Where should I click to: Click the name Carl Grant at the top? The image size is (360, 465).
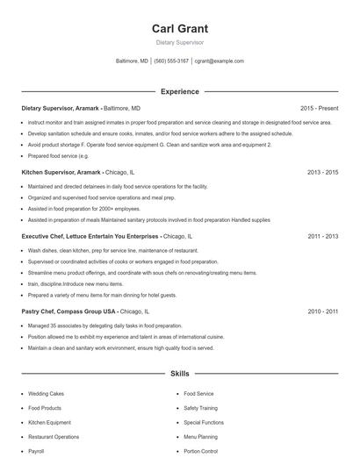tap(179, 29)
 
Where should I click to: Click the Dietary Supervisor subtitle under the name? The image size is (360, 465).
tap(179, 42)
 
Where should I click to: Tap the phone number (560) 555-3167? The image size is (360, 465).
tap(171, 61)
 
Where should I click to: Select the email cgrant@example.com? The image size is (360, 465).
tap(220, 61)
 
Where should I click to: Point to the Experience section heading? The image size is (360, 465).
tap(179, 91)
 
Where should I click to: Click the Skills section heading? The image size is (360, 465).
tap(179, 374)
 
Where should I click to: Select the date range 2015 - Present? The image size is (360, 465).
tap(318, 108)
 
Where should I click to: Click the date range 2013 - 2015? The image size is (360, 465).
tap(322, 172)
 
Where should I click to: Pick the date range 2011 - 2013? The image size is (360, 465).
tap(322, 236)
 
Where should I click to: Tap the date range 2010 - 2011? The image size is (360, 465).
tap(322, 311)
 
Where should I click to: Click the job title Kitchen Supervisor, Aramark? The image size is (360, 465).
tap(61, 172)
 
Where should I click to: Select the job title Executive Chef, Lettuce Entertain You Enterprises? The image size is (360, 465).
tap(90, 236)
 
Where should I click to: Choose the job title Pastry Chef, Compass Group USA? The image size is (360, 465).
tap(68, 311)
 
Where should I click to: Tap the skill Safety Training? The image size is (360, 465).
tap(203, 409)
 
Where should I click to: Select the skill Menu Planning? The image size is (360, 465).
tap(201, 437)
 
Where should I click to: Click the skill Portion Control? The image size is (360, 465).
tap(201, 451)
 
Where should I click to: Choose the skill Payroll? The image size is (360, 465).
tap(36, 451)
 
